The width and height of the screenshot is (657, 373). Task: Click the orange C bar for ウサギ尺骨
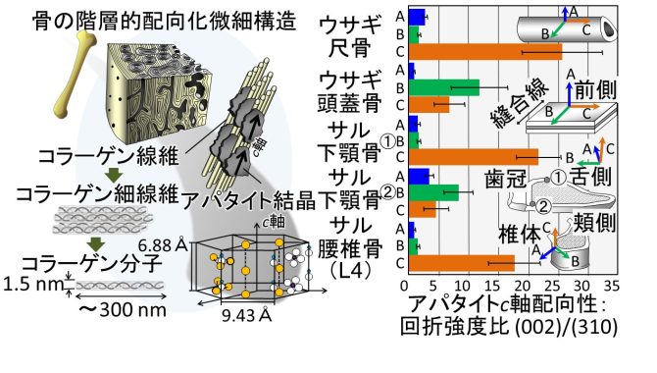coord(485,52)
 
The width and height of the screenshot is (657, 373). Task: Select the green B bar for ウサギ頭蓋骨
coord(444,87)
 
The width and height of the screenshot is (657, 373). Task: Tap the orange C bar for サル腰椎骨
coord(461,263)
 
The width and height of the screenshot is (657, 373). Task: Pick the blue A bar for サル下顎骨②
coord(419,177)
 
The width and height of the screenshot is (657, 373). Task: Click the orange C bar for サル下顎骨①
coord(474,156)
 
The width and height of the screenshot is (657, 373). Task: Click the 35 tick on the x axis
coord(612,287)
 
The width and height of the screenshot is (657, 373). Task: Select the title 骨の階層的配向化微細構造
coord(165,21)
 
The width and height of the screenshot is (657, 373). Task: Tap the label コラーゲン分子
coord(92,263)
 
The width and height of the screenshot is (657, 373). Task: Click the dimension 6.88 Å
coord(163,245)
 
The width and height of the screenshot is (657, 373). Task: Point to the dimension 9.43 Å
coord(246,315)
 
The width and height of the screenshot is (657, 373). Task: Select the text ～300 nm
coord(123,309)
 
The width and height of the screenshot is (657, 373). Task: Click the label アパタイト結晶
coord(249,200)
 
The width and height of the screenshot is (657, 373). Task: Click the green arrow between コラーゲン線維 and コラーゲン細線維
coord(114,176)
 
